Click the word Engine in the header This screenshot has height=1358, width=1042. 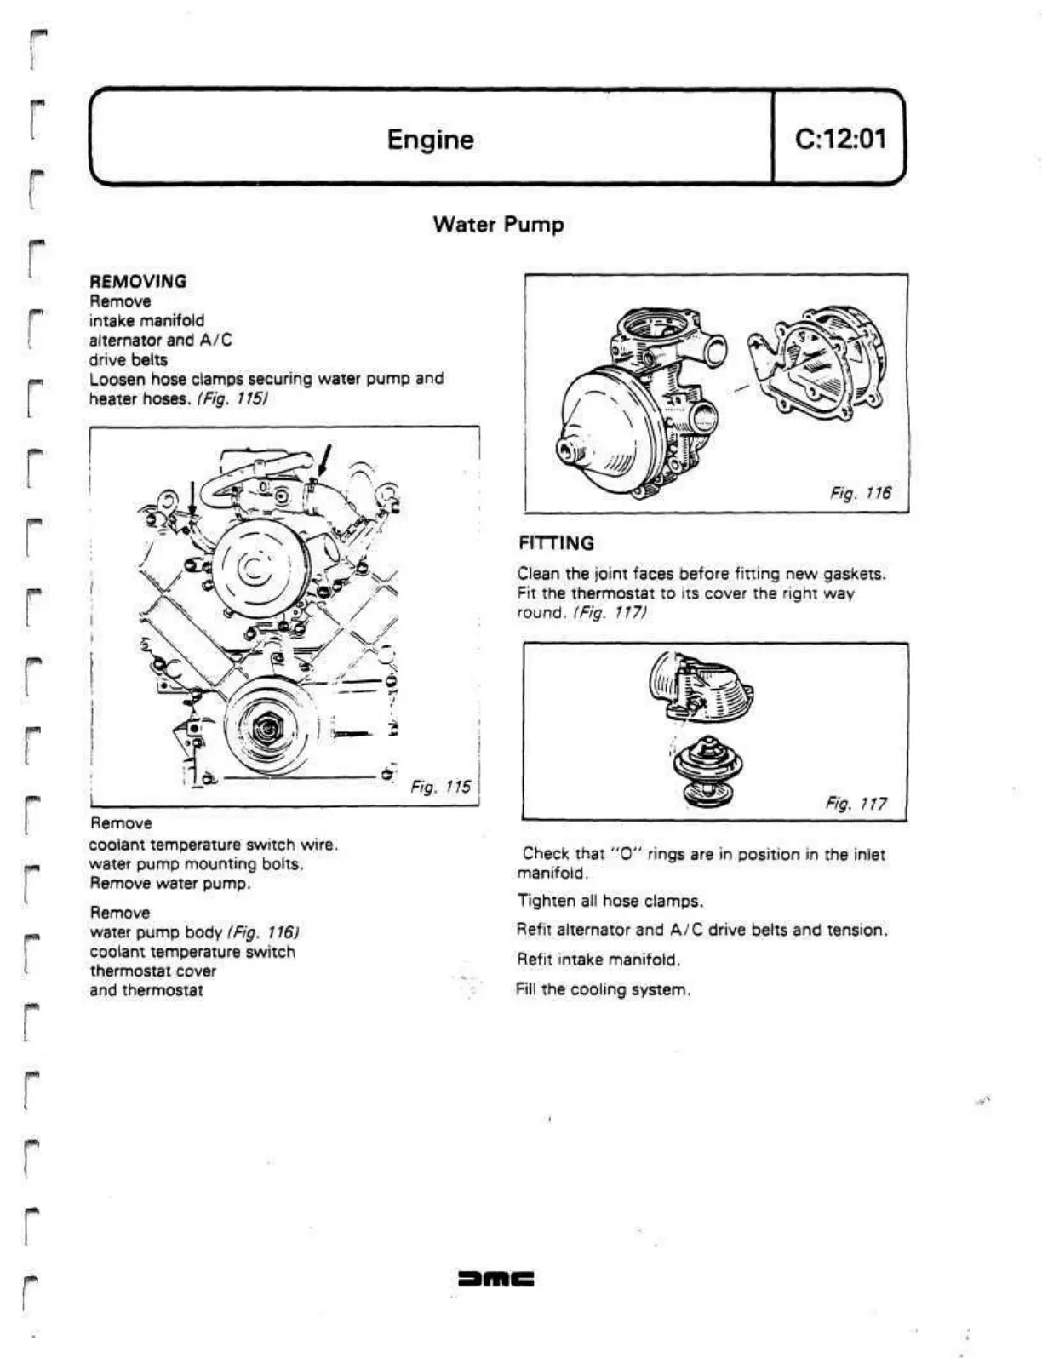point(430,139)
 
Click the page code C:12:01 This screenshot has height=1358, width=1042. point(839,138)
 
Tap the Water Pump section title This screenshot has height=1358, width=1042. point(498,225)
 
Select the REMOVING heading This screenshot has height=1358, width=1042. point(138,281)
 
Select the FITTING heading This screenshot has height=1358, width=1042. point(557,543)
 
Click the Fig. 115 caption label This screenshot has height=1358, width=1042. point(440,787)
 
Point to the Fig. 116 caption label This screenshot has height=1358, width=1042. point(861,493)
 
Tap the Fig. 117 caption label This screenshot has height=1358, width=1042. point(856,804)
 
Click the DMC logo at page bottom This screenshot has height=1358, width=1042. point(495,1279)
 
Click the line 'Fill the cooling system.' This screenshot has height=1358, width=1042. point(603,989)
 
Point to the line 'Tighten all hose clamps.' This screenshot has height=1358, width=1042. point(610,901)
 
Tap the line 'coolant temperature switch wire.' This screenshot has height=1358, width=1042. point(213,845)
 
